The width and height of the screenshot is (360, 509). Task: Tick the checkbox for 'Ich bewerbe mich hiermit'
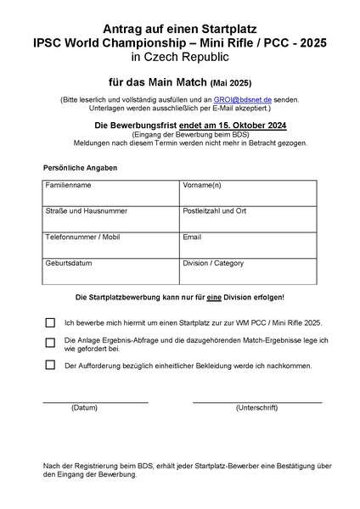50,323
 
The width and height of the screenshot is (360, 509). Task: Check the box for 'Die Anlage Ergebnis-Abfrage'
50,343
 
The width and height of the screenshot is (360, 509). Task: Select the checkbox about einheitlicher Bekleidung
50,366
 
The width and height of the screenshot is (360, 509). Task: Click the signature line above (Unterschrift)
256,400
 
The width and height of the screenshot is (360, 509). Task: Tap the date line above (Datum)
95,400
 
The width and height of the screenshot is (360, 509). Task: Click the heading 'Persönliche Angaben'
80,168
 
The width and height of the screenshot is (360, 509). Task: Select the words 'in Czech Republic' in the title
179,58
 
